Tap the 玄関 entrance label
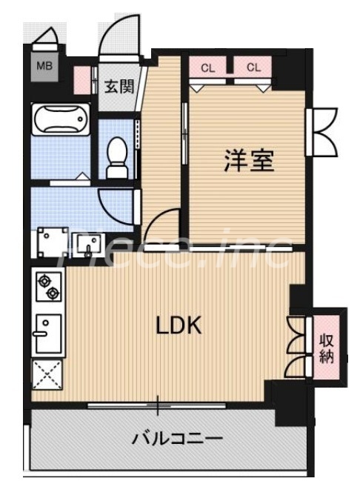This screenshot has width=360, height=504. coord(119,87)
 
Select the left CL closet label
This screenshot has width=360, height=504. coord(208,67)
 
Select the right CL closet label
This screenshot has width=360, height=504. coord(254,67)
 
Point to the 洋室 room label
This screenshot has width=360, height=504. coord(250,161)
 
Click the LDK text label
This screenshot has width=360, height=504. coord(179,325)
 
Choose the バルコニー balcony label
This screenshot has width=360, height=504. coord(177,439)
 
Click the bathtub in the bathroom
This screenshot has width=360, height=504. coord(61,119)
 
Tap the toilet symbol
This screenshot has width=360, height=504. coord(117,158)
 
